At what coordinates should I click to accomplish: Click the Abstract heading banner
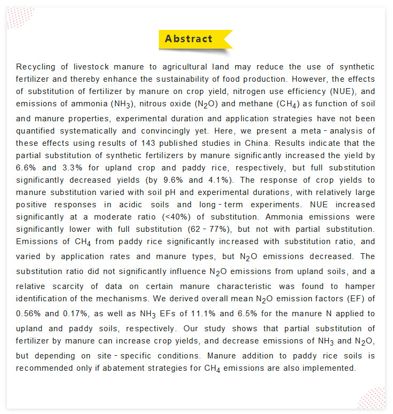coord(189,39)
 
